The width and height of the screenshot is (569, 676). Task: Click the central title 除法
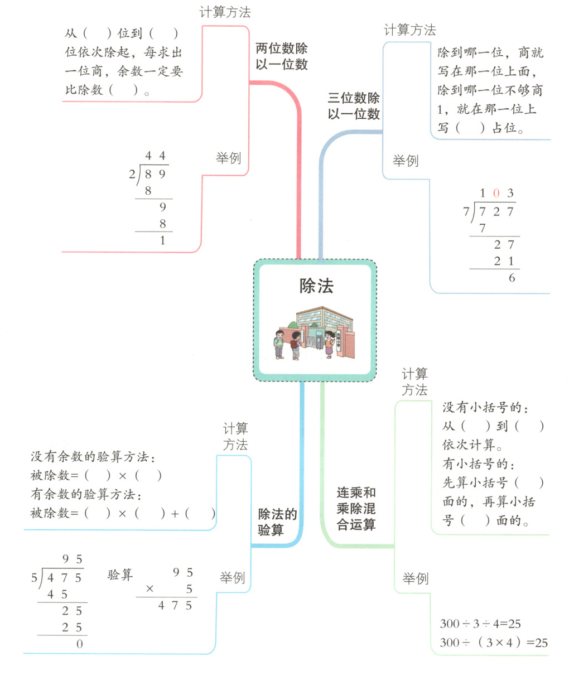[x=316, y=286]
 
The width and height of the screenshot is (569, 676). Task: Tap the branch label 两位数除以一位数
[x=281, y=56]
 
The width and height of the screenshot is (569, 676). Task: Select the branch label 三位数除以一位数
[x=354, y=106]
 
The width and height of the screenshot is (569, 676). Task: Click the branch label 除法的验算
[x=277, y=522]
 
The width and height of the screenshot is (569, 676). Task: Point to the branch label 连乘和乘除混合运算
[x=356, y=508]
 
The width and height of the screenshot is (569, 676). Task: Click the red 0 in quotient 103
[x=496, y=194]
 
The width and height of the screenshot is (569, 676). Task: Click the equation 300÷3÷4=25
[x=480, y=624]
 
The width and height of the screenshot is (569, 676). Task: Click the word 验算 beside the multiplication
[x=120, y=574]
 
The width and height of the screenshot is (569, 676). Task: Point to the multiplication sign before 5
[x=150, y=589]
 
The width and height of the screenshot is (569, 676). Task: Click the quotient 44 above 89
[x=155, y=156]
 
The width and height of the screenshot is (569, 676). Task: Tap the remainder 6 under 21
[x=512, y=278]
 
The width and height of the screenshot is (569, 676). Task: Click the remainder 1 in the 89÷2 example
[x=162, y=241]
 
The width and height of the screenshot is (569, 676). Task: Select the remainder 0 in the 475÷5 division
[x=79, y=644]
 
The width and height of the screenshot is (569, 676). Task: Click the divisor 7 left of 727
[x=466, y=212]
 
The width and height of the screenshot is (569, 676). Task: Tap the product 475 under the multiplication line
[x=175, y=606]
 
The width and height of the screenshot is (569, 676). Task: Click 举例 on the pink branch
[x=228, y=158]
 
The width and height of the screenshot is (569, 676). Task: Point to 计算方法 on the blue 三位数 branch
[x=409, y=30]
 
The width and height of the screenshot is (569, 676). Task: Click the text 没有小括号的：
[x=485, y=408]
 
